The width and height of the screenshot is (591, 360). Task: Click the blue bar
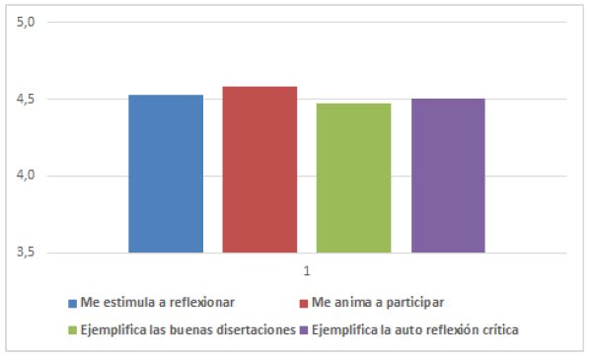166,175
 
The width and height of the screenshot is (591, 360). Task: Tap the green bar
353,179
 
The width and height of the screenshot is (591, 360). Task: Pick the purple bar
447,176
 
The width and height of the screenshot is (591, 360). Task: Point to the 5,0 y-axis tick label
26,22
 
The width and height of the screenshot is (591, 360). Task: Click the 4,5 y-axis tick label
26,99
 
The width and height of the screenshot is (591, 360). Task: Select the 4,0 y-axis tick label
26,176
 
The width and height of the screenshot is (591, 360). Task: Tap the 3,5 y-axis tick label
26,252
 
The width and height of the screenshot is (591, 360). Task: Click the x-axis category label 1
307,270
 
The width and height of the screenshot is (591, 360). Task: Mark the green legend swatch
72,330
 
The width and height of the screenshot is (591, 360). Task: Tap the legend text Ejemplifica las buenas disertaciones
187,330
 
